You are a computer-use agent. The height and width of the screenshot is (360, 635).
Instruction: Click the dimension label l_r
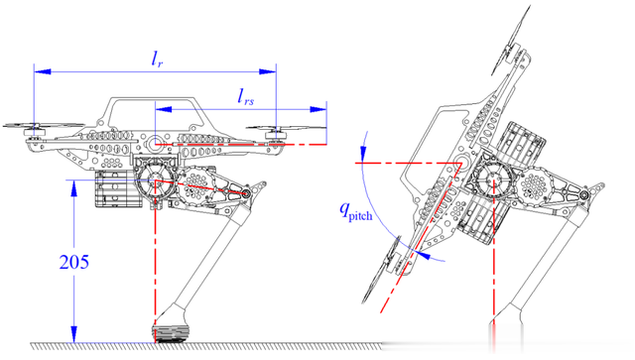click(157, 60)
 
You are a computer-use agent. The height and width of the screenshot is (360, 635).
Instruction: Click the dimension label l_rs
click(246, 97)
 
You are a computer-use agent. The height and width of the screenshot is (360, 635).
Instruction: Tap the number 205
click(74, 262)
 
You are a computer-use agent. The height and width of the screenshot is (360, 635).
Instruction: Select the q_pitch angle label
click(355, 211)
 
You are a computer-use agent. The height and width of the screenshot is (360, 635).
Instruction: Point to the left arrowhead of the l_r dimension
click(43, 71)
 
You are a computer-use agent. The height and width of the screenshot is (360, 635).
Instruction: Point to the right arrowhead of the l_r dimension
click(267, 71)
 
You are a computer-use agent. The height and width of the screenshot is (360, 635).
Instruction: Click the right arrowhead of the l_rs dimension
click(317, 109)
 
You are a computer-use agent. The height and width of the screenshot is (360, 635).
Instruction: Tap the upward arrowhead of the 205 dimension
click(73, 188)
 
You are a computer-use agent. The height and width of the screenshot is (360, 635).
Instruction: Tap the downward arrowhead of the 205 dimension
click(73, 334)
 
